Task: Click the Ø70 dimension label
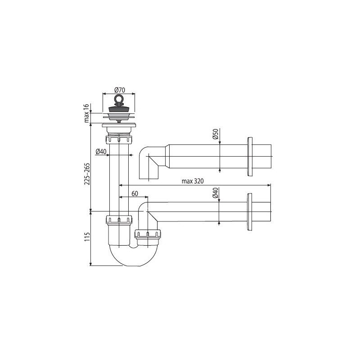119,90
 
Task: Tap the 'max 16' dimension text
86,113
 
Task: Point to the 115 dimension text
87,237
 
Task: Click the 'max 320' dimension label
193,181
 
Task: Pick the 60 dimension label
135,193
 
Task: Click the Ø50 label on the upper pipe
216,134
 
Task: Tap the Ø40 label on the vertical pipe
101,152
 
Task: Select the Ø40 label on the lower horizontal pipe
215,193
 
